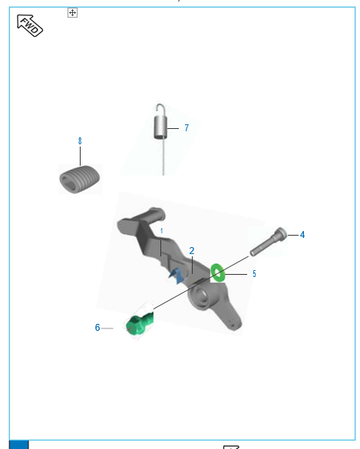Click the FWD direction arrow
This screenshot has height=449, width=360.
click(30, 25)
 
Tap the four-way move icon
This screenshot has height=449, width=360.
click(72, 12)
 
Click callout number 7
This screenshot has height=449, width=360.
click(187, 127)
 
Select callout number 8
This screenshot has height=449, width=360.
click(80, 141)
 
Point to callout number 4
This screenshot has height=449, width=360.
click(302, 235)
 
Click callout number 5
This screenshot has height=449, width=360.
click(254, 274)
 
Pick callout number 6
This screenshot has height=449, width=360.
click(97, 327)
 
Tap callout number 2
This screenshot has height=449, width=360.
click(192, 251)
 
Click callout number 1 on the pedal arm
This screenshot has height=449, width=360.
click(161, 231)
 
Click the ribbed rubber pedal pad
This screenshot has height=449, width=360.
click(80, 180)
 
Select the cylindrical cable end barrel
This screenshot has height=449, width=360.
click(160, 127)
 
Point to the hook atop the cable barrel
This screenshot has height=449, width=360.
click(160, 110)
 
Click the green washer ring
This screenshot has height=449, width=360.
click(217, 272)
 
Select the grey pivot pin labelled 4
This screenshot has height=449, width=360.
click(269, 242)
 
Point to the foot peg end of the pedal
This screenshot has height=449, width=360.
click(154, 215)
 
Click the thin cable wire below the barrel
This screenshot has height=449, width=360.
click(163, 157)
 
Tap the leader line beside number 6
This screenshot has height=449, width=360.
click(107, 328)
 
